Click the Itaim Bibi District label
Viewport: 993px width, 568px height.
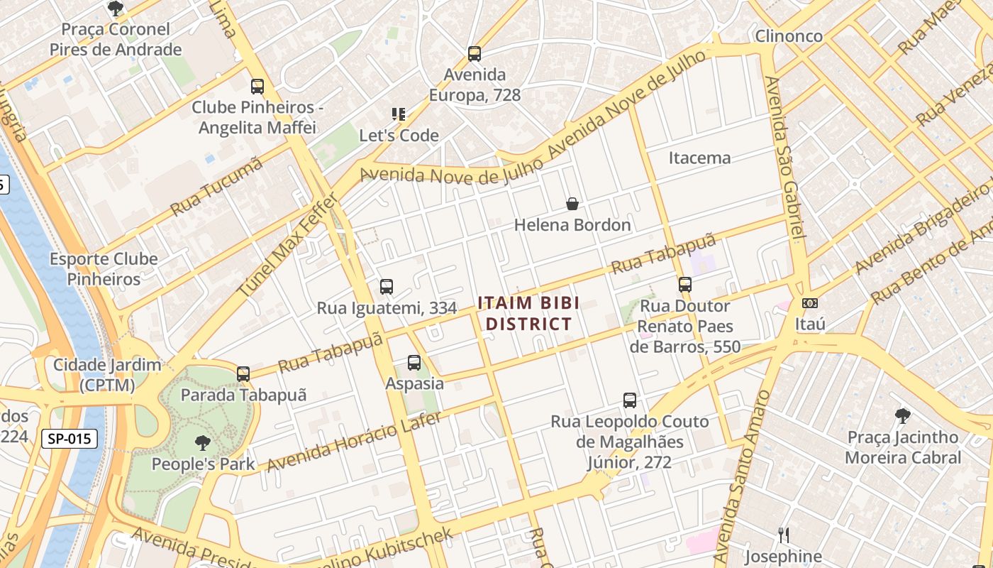(x=528, y=313)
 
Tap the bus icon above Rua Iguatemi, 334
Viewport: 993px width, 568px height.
(x=387, y=287)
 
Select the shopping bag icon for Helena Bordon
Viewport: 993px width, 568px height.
(x=572, y=204)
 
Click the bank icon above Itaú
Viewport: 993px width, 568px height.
(x=809, y=303)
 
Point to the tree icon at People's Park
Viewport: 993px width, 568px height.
(x=203, y=443)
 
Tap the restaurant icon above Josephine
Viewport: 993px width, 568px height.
(x=784, y=535)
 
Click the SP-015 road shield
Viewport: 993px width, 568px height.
(x=69, y=439)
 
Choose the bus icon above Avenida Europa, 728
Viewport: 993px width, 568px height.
(x=475, y=53)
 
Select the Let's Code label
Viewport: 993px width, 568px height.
(x=399, y=135)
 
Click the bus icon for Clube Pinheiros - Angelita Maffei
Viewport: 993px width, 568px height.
(x=257, y=87)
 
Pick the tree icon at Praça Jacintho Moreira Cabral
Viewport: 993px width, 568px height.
(x=902, y=415)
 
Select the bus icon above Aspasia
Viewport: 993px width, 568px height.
(x=414, y=363)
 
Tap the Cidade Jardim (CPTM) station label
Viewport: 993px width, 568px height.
(x=107, y=375)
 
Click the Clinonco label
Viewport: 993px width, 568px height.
(x=789, y=36)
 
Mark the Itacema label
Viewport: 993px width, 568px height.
(x=699, y=158)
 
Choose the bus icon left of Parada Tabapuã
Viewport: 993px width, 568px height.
(x=243, y=373)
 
